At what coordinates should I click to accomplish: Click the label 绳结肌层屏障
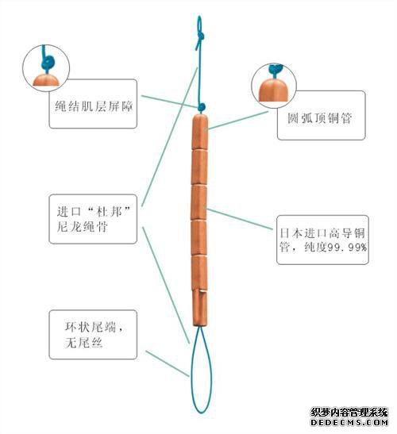94,106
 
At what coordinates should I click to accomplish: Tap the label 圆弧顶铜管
320,118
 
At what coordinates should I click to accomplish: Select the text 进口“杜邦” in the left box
94,212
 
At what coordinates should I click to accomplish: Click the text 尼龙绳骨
83,227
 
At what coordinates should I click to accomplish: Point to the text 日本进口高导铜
322,233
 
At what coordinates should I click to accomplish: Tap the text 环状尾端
91,327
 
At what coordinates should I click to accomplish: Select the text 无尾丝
84,343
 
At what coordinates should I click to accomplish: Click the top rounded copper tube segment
200,132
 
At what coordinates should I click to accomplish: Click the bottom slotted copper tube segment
200,307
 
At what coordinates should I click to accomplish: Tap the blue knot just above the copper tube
202,107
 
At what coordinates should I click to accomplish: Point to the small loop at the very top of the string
199,25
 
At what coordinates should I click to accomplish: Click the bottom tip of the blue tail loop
201,413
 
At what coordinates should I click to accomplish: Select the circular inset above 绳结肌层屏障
46,68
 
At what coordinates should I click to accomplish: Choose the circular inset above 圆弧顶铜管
274,86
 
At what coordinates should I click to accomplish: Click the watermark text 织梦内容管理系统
349,413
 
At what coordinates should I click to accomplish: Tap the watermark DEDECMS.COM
349,423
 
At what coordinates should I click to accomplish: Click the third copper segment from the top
199,202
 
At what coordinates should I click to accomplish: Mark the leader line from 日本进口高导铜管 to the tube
240,219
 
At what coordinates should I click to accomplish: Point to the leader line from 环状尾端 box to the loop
168,363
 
